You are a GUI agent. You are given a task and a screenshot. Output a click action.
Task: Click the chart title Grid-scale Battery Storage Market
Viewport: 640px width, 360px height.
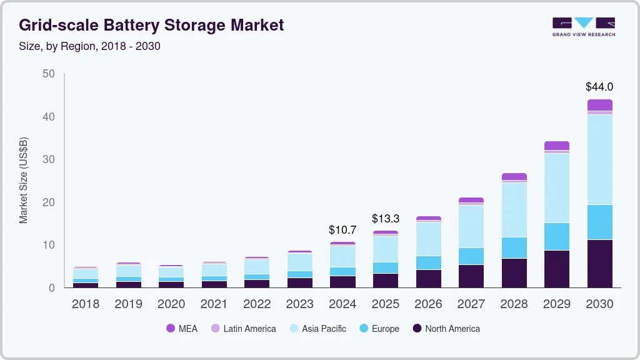151,25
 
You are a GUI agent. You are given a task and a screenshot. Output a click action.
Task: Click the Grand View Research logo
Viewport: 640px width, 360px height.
583,27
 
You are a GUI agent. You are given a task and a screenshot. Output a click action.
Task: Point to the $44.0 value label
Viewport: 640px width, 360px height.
599,87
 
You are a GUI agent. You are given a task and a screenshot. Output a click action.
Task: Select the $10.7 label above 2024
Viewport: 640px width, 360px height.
342,230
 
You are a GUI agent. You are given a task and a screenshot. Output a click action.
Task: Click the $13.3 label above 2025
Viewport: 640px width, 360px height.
385,219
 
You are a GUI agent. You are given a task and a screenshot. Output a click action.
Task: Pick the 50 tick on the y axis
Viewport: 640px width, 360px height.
48,74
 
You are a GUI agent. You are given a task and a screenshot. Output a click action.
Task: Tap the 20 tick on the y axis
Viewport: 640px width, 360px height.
48,202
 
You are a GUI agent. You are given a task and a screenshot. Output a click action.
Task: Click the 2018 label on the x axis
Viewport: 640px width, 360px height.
85,304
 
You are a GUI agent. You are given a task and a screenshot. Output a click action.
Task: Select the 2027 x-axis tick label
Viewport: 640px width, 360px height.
471,304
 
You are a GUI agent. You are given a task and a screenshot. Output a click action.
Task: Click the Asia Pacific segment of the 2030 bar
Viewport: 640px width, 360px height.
599,159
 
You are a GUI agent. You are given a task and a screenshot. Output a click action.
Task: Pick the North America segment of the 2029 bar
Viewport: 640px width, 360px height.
556,269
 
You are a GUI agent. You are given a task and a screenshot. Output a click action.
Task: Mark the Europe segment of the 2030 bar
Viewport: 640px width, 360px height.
599,222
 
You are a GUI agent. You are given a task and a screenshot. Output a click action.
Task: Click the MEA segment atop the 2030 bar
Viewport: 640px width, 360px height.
599,105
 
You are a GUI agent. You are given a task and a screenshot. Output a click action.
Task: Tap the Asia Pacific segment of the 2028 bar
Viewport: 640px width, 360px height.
514,210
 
